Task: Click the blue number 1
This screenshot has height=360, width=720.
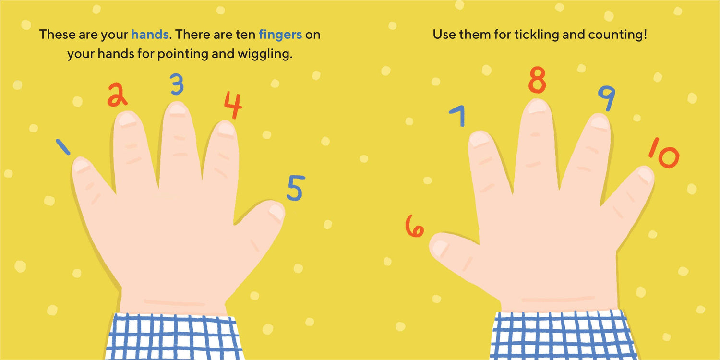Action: click(63, 147)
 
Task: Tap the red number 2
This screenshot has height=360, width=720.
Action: click(117, 95)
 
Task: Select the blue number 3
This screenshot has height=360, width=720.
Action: click(177, 84)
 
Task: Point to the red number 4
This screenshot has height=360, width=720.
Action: click(233, 105)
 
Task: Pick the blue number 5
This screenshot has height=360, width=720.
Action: click(296, 188)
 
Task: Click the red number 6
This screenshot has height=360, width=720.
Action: click(415, 226)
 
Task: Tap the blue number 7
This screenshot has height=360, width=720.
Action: click(458, 116)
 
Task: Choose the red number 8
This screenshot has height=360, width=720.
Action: click(537, 80)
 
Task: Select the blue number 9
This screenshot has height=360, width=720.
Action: click(607, 98)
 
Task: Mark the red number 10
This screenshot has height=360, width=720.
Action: click(664, 153)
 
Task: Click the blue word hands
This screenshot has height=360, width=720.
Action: click(150, 35)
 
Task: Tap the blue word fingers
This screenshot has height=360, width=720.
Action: click(280, 35)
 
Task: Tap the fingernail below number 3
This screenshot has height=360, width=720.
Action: click(178, 110)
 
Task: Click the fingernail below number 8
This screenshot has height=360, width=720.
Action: click(537, 106)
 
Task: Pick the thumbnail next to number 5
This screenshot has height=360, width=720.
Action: click(276, 212)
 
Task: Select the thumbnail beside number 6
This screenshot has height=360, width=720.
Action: click(440, 248)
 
